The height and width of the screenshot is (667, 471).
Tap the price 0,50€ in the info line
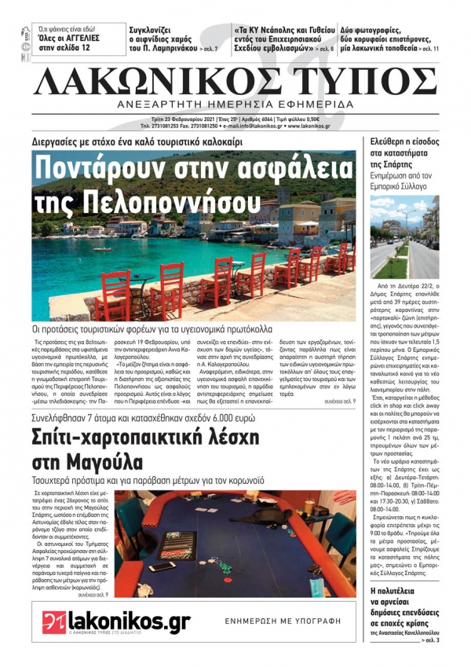click(316, 119)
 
